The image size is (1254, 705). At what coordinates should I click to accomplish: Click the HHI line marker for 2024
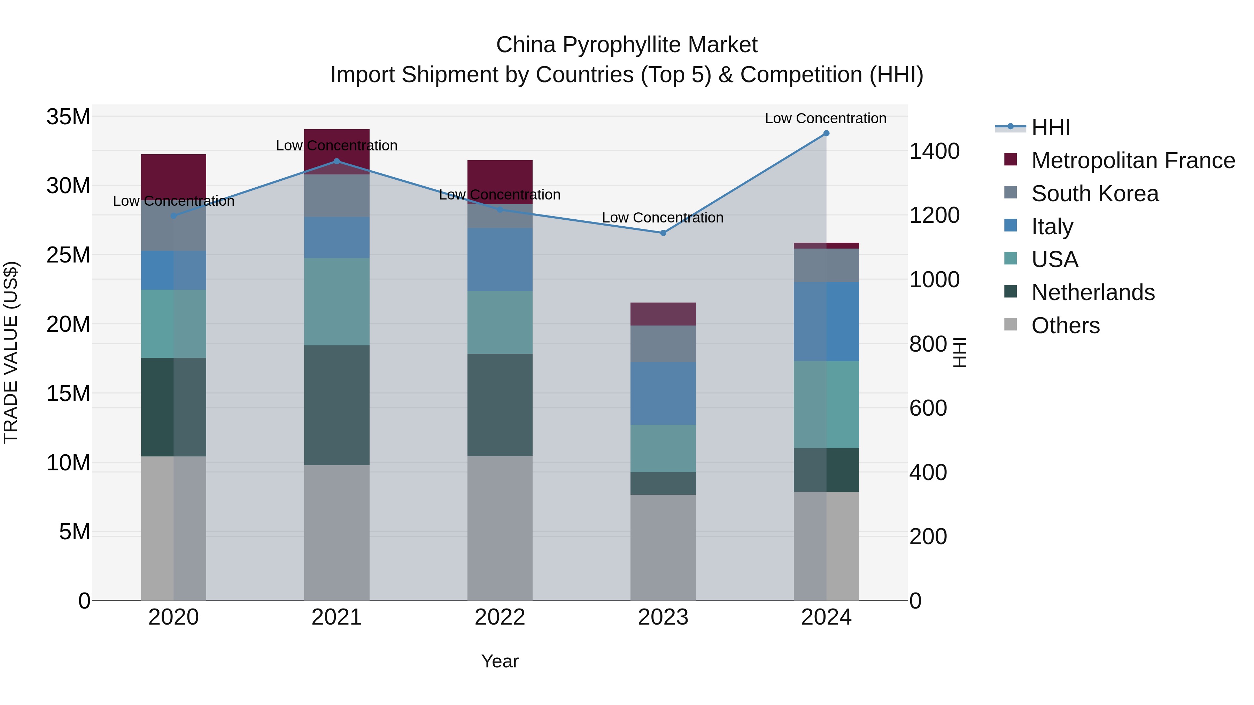pyautogui.click(x=826, y=133)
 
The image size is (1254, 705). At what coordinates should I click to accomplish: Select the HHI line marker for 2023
pyautogui.click(x=663, y=233)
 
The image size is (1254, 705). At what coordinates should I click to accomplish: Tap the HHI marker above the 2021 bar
pyautogui.click(x=336, y=161)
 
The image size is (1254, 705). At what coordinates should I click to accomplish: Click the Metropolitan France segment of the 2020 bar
pyautogui.click(x=173, y=175)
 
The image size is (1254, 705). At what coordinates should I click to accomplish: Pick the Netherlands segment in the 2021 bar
pyautogui.click(x=336, y=405)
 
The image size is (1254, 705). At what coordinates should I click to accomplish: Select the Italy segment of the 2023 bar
pyautogui.click(x=663, y=393)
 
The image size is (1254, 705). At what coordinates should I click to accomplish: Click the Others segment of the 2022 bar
pyautogui.click(x=500, y=528)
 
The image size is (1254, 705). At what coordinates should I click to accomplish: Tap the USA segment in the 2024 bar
pyautogui.click(x=826, y=404)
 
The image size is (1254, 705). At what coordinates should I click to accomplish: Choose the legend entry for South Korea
pyautogui.click(x=1094, y=194)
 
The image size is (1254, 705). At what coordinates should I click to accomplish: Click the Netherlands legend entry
pyautogui.click(x=1092, y=292)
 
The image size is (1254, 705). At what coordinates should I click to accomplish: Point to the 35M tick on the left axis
pyautogui.click(x=68, y=117)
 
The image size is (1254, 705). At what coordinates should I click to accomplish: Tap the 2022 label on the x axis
pyautogui.click(x=500, y=617)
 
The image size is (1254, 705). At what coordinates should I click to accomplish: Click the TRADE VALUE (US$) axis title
pyautogui.click(x=11, y=352)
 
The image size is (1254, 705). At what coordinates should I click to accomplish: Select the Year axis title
pyautogui.click(x=500, y=661)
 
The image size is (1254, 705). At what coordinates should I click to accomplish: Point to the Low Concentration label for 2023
pyautogui.click(x=663, y=218)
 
